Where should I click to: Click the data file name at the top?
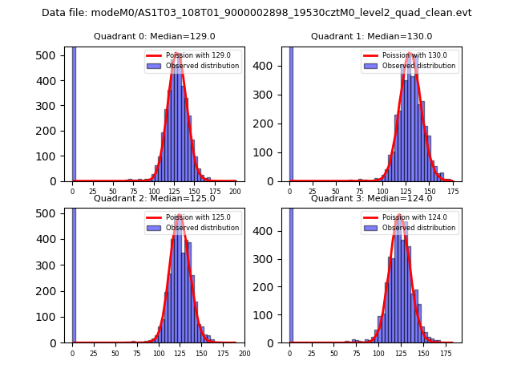pyautogui.click(x=256, y=13)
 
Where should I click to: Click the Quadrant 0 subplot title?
pyautogui.click(x=155, y=36)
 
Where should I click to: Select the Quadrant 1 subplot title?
pyautogui.click(x=371, y=36)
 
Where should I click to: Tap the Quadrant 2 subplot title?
pyautogui.click(x=155, y=198)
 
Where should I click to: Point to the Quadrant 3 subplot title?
pyautogui.click(x=371, y=198)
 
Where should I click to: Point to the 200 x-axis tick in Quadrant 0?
pyautogui.click(x=235, y=191)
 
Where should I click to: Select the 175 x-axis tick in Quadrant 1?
pyautogui.click(x=452, y=191)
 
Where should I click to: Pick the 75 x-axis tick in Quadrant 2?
pyautogui.click(x=137, y=353)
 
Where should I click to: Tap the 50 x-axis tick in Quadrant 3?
pyautogui.click(x=333, y=353)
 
